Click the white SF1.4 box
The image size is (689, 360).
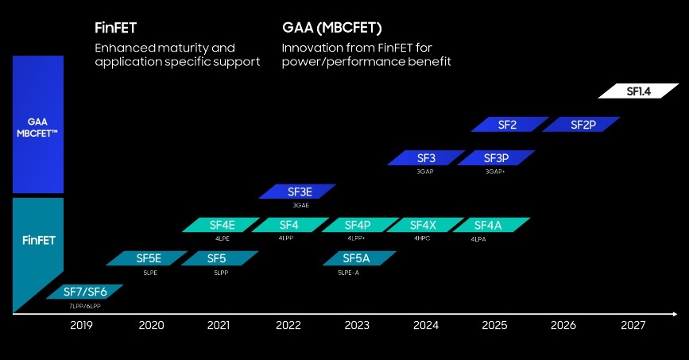(x=638, y=91)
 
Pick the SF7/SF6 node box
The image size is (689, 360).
(x=83, y=292)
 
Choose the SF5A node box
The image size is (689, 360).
(x=356, y=258)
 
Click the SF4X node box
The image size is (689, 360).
(x=421, y=225)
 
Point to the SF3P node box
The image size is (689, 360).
(x=495, y=157)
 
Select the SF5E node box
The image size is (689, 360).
(x=149, y=258)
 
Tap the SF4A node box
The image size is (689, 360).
(x=488, y=225)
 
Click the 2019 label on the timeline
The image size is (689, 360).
(x=82, y=325)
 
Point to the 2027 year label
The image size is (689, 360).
(x=633, y=325)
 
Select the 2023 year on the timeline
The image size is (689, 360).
(x=357, y=325)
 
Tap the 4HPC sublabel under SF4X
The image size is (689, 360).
(x=421, y=238)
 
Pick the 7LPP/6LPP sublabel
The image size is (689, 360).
(x=84, y=305)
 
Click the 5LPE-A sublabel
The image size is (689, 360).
(x=350, y=272)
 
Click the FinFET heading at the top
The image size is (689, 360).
(x=117, y=29)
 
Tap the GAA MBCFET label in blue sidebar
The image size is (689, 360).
(x=37, y=127)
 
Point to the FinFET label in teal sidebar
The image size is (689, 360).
(x=37, y=238)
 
